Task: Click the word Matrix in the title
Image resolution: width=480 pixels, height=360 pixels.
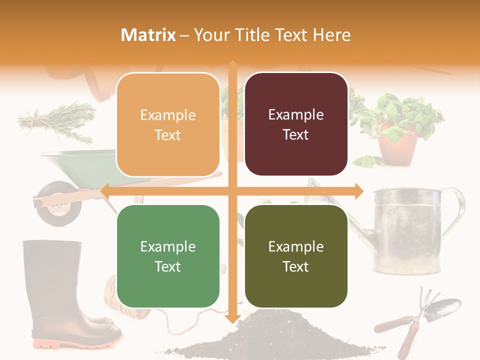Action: click(148, 35)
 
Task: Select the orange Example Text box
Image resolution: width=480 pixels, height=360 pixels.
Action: click(168, 124)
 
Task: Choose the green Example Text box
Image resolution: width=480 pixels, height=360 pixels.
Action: click(168, 256)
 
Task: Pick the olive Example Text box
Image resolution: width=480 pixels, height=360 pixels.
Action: click(296, 256)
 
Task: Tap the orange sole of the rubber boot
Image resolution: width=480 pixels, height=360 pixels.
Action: click(75, 343)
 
